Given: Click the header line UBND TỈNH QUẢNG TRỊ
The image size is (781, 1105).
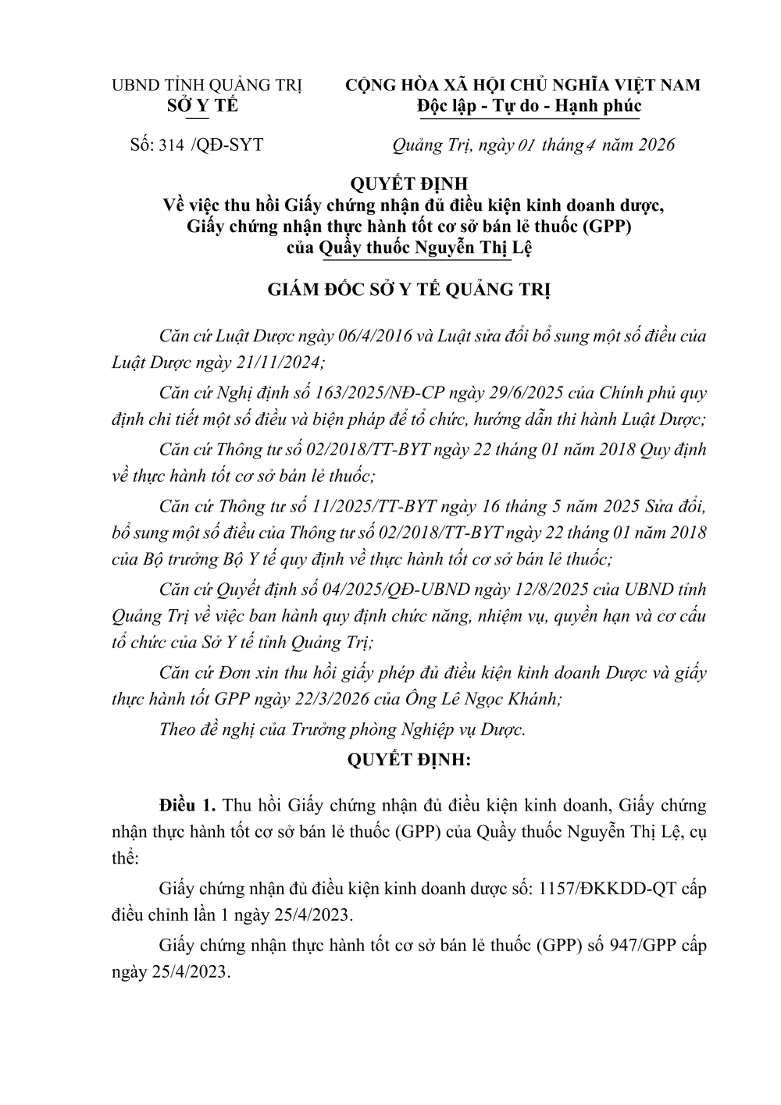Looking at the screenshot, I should click(207, 85).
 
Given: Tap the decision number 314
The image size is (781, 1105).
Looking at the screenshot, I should click(170, 144).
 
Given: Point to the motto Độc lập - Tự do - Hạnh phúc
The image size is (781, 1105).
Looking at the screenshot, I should click(529, 105).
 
